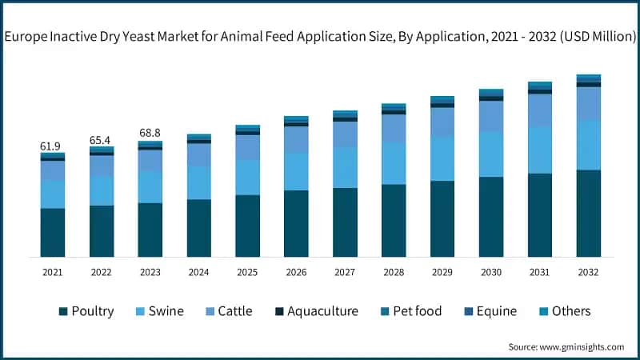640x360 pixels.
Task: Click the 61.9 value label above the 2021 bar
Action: [50, 146]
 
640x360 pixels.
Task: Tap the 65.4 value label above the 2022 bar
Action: [101, 139]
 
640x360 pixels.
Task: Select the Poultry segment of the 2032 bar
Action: [588, 213]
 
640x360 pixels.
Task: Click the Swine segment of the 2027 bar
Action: [345, 167]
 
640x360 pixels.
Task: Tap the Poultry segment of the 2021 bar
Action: [52, 232]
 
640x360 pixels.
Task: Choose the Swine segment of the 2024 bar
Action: [198, 182]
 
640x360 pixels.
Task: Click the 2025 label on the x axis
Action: [247, 273]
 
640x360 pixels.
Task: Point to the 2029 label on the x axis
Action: [442, 273]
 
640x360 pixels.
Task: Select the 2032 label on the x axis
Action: [588, 273]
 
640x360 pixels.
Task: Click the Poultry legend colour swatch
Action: [62, 311]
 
